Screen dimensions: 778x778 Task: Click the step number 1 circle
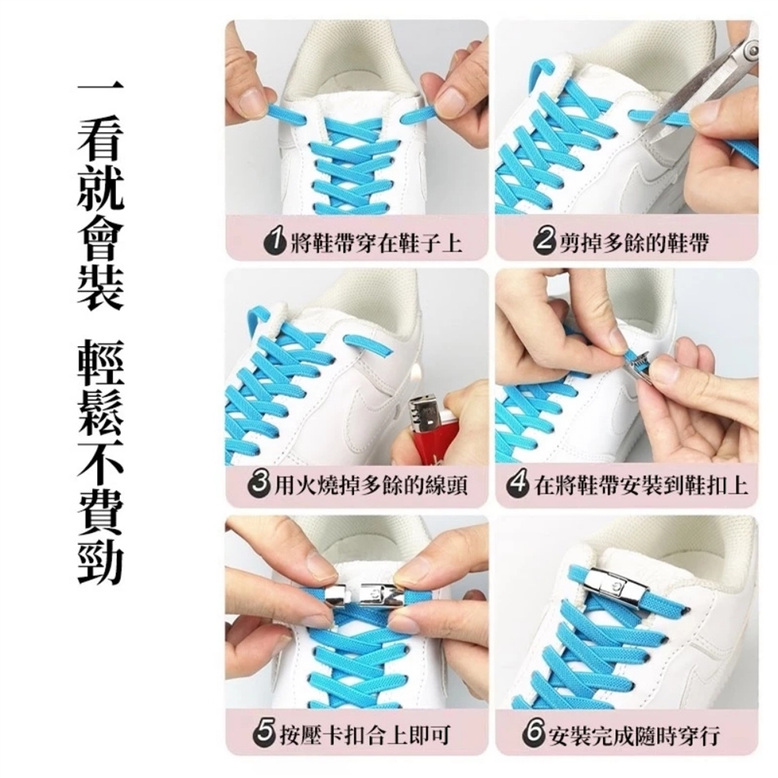pyautogui.click(x=275, y=242)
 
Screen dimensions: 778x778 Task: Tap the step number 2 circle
pyautogui.click(x=545, y=242)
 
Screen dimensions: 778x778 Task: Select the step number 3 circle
pyautogui.click(x=259, y=483)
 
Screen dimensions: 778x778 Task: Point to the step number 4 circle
pyautogui.click(x=518, y=485)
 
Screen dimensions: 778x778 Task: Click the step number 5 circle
pyautogui.click(x=264, y=733)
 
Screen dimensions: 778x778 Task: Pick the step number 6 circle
pyautogui.click(x=534, y=733)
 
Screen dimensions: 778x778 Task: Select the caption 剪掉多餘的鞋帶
pyautogui.click(x=634, y=242)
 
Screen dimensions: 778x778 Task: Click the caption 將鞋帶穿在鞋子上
pyautogui.click(x=376, y=243)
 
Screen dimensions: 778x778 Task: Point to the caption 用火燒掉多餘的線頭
pyautogui.click(x=371, y=484)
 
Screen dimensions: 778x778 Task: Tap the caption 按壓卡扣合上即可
pyautogui.click(x=365, y=733)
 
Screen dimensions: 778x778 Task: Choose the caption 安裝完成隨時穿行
pyautogui.click(x=634, y=733)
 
